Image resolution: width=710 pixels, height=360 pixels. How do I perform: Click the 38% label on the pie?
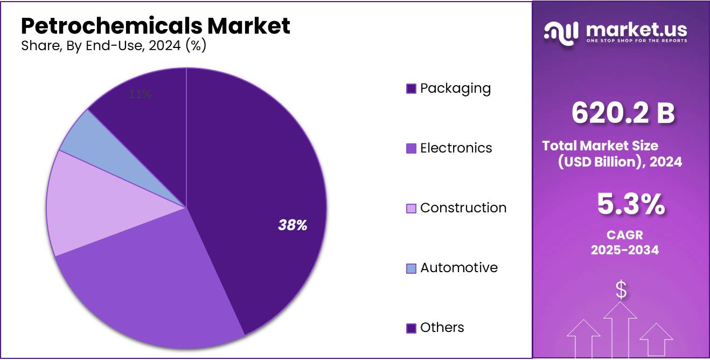[x=293, y=226]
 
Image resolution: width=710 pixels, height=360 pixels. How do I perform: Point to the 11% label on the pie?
[x=141, y=94]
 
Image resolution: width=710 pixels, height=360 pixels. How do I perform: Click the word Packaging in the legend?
[x=455, y=88]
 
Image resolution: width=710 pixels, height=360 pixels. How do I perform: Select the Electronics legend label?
[x=456, y=148]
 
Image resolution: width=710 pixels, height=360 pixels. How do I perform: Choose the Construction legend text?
[x=463, y=208]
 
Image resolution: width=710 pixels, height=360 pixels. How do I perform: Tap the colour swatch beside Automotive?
[x=411, y=268]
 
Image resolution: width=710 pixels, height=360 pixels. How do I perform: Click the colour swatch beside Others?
[x=411, y=328]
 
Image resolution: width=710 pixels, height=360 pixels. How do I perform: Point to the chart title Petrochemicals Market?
[x=156, y=26]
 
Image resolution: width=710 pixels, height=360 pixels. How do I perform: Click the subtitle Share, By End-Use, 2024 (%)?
[x=114, y=46]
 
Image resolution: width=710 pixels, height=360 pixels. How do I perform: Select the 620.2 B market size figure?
[x=623, y=114]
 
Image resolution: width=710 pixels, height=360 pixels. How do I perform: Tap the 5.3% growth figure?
[x=630, y=205]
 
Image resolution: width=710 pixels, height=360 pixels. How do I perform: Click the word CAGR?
[x=625, y=235]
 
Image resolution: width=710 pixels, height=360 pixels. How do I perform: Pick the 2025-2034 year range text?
[x=625, y=250]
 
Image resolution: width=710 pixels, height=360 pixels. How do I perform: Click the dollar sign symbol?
[x=621, y=290]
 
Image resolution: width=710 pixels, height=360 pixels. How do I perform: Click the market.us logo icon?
[x=561, y=33]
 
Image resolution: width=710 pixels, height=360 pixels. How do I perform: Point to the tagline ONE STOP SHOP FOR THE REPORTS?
[x=636, y=41]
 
